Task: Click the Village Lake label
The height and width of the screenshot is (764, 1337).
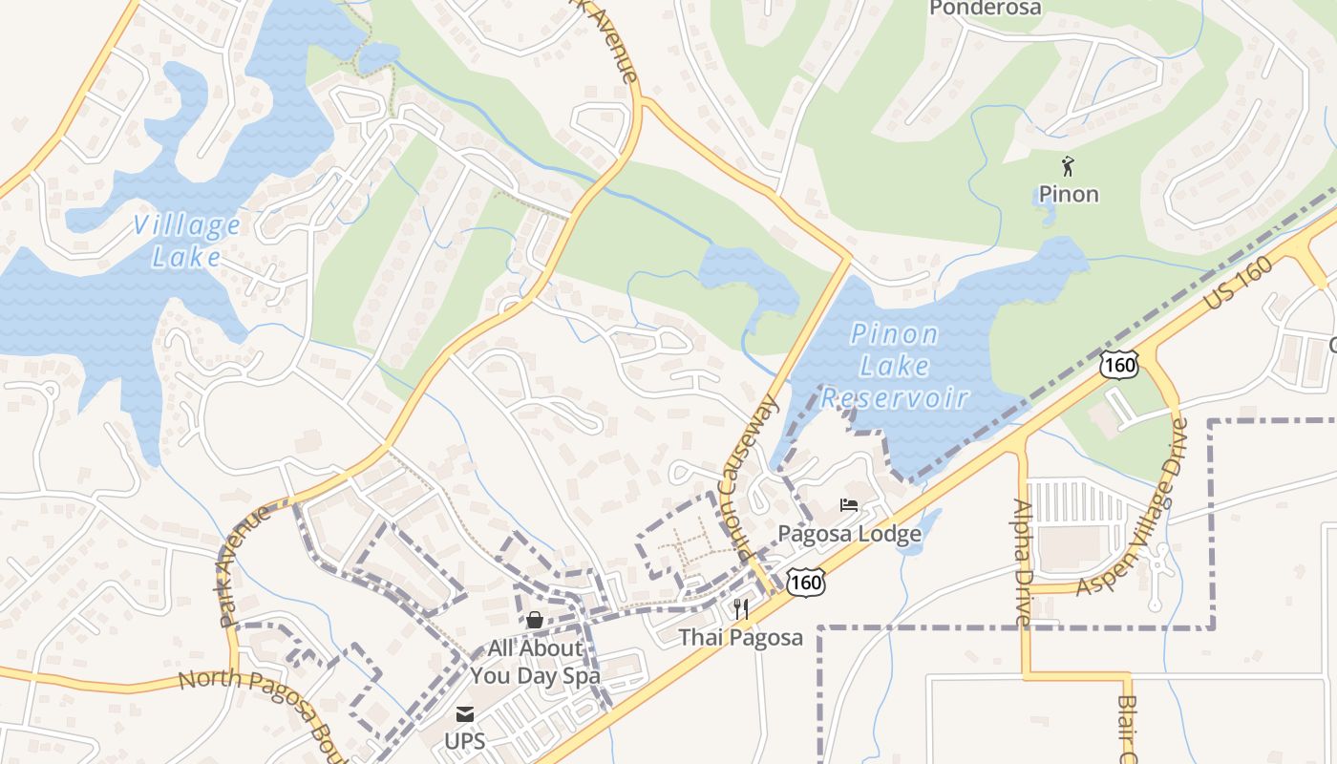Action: [187, 241]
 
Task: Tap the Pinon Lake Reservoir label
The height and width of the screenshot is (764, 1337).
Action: [895, 366]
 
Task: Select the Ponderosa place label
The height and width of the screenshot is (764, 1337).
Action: [985, 9]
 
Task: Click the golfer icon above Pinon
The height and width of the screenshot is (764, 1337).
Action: [1068, 167]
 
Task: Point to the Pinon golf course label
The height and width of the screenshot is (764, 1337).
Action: [1069, 194]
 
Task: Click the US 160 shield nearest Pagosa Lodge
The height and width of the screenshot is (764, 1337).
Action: [806, 581]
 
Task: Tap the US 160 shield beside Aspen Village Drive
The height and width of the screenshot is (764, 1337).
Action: [1118, 364]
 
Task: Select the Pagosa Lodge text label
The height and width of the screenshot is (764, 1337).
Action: [850, 533]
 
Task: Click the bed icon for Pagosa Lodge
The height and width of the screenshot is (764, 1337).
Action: [849, 505]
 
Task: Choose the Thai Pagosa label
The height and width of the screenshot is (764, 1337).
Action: [741, 637]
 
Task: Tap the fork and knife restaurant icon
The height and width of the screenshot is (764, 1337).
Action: [741, 608]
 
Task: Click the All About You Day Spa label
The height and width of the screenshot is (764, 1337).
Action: [535, 662]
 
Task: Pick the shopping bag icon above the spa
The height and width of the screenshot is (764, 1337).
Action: [534, 620]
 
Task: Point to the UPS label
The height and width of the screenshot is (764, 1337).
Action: [465, 741]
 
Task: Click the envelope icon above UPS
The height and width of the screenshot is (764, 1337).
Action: [465, 714]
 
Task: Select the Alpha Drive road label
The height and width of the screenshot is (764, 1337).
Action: [1023, 563]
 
